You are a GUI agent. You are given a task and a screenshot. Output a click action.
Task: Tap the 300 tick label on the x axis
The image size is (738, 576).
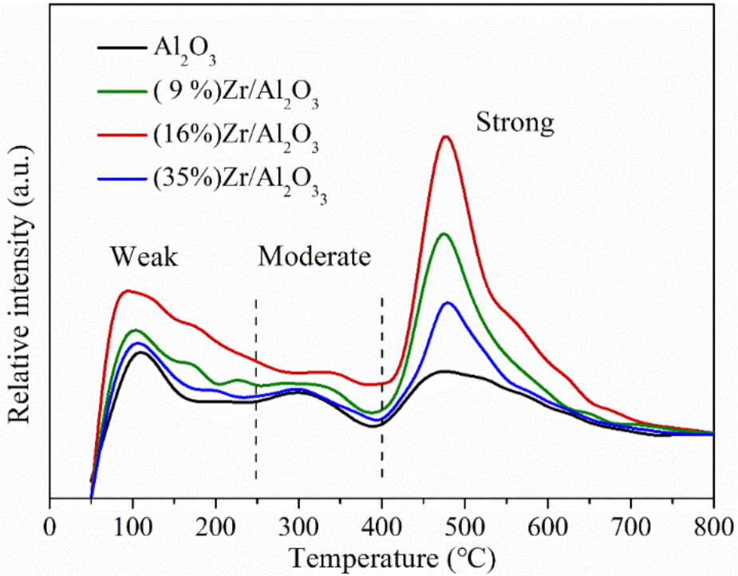coord(298,528)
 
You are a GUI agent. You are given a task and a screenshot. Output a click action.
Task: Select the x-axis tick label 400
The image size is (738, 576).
coord(381,528)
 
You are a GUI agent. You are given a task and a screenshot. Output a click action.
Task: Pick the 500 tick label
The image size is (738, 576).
coord(464,528)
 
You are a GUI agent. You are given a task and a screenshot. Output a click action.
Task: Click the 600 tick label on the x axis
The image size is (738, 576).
coord(547,528)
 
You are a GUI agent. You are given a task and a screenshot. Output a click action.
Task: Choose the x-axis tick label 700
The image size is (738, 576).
coord(630,528)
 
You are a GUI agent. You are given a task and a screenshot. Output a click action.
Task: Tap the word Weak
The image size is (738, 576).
coord(144,257)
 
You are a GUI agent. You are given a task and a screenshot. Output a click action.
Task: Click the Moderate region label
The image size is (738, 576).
coord(314,257)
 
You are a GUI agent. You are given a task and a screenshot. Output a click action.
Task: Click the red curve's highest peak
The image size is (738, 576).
coord(446,136)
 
